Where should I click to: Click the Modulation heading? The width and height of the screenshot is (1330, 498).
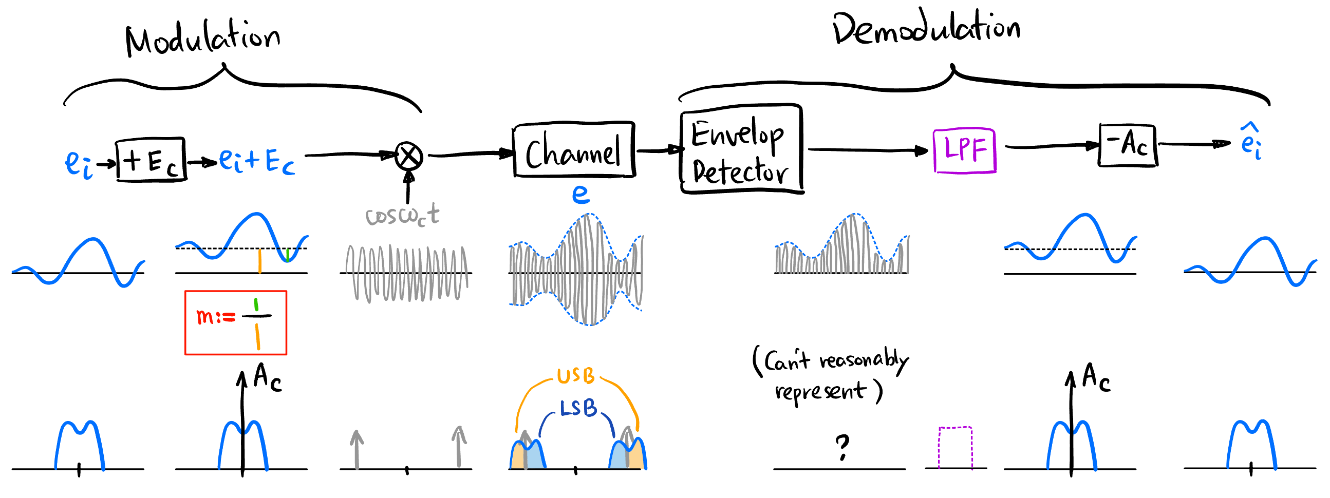(203, 38)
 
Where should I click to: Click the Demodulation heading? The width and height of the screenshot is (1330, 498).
(926, 28)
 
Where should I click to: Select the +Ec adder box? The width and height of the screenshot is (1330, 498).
(150, 160)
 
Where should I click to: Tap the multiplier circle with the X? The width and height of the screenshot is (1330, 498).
(408, 156)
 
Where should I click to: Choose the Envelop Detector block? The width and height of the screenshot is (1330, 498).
(740, 150)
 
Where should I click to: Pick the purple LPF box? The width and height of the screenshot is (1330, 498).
(964, 150)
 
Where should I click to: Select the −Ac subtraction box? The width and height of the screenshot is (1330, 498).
(1128, 145)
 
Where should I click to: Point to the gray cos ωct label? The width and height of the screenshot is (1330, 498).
(402, 215)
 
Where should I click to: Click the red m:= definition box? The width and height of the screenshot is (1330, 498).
(235, 322)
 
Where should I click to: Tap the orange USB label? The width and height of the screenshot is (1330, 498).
(576, 376)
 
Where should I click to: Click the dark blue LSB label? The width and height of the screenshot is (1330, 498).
(578, 409)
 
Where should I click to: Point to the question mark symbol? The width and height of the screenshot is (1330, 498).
(842, 447)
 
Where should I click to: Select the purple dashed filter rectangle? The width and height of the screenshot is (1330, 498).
(955, 447)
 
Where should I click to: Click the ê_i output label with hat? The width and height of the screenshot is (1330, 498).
(1251, 142)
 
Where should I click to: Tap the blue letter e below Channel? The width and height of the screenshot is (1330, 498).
(581, 195)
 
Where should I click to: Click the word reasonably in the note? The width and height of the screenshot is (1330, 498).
(863, 360)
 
